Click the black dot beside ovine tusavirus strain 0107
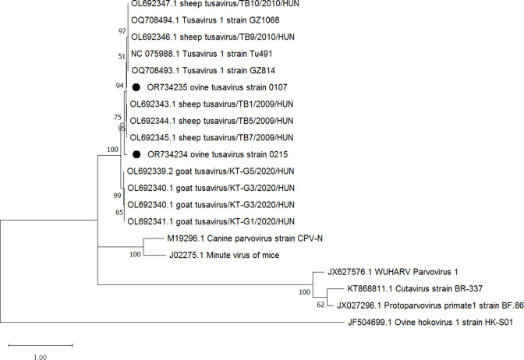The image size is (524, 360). [x=136, y=87]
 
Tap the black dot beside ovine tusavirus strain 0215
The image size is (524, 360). [x=136, y=154]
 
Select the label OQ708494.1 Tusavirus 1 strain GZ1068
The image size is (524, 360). [x=205, y=20]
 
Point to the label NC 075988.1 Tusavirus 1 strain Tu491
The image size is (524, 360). [x=201, y=54]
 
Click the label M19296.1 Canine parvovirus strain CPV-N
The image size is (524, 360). [x=245, y=238]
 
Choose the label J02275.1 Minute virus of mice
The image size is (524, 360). [x=225, y=255]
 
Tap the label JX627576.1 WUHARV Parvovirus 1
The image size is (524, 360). [x=393, y=272]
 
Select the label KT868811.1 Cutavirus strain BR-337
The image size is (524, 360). [x=415, y=288]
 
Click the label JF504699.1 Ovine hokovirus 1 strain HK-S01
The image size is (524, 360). [x=430, y=323]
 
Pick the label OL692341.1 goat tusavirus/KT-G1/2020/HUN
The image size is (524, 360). [x=211, y=221]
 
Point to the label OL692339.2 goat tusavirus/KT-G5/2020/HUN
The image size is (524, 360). [x=211, y=171]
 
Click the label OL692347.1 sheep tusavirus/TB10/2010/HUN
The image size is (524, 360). [x=215, y=4]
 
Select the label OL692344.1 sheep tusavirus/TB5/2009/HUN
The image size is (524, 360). [x=211, y=121]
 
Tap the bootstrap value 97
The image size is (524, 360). [x=122, y=31]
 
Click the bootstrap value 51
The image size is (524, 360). [x=122, y=56]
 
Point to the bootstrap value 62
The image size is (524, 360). [x=320, y=305]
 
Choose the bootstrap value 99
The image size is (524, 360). [x=117, y=196]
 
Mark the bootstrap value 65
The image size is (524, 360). [x=119, y=213]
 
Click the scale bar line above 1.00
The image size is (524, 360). [x=41, y=345]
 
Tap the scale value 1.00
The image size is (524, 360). [x=41, y=357]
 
